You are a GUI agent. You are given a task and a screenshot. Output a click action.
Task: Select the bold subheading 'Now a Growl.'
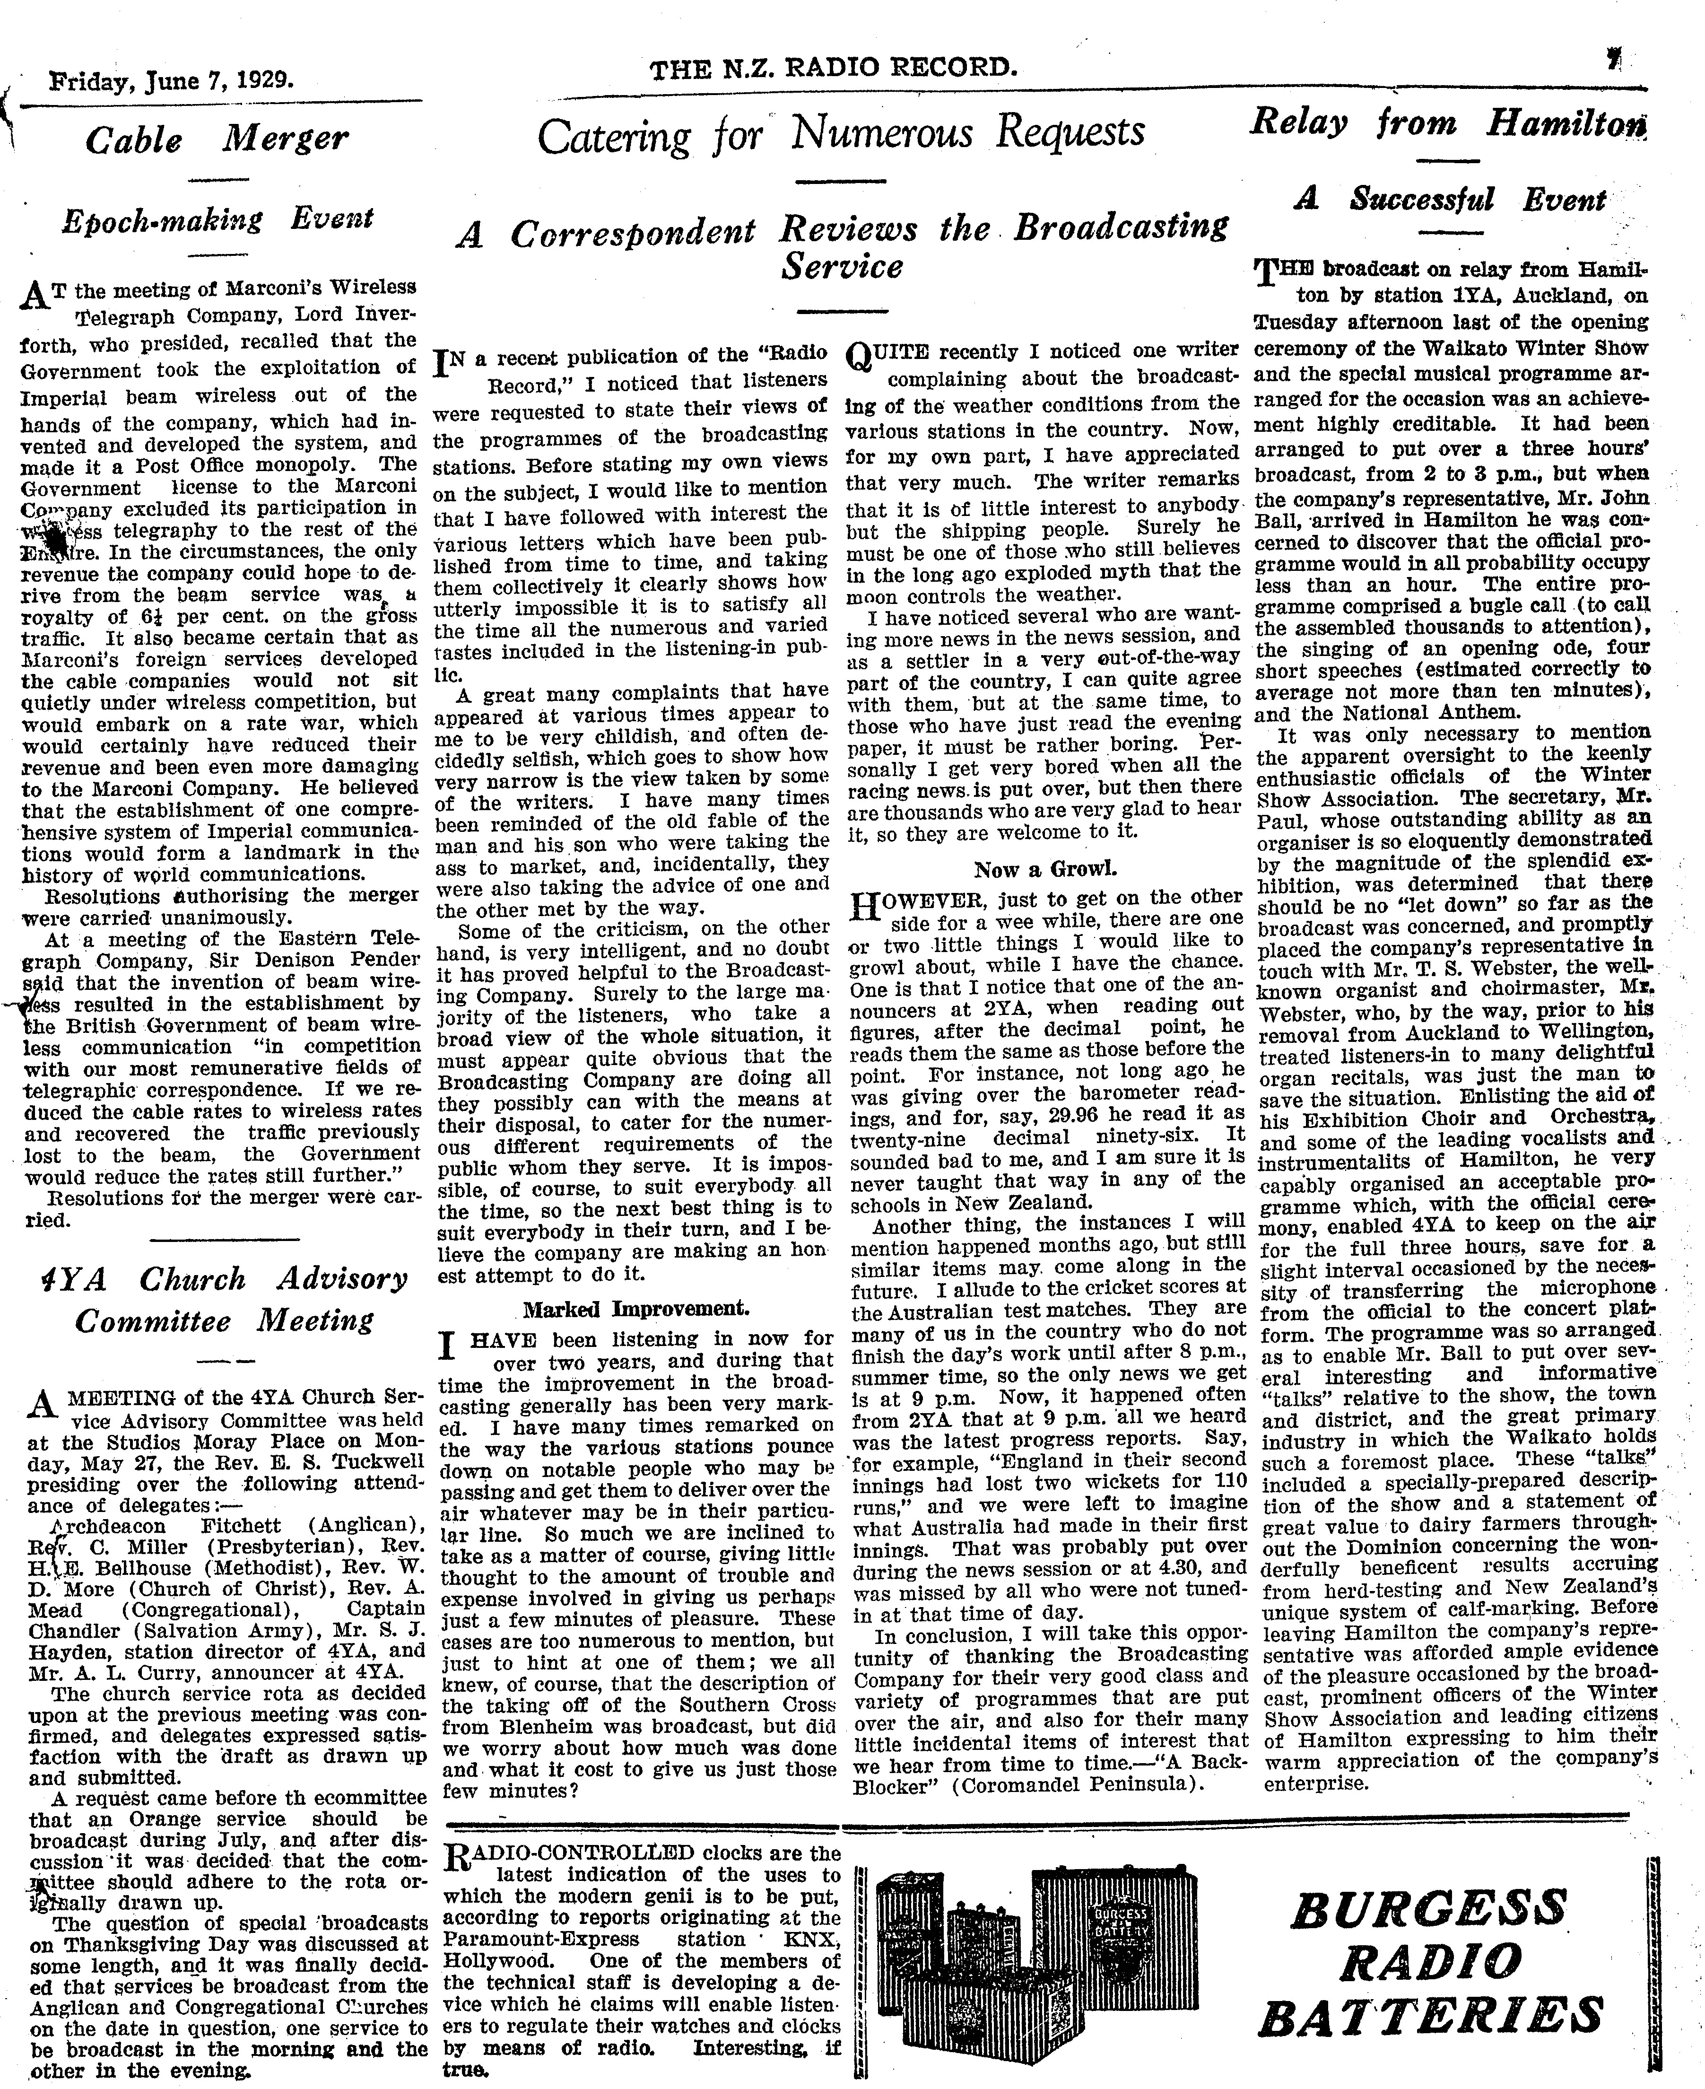1045,869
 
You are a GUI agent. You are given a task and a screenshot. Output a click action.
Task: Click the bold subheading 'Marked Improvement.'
635,1309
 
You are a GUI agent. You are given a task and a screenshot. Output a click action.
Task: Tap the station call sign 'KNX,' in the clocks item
810,1939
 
